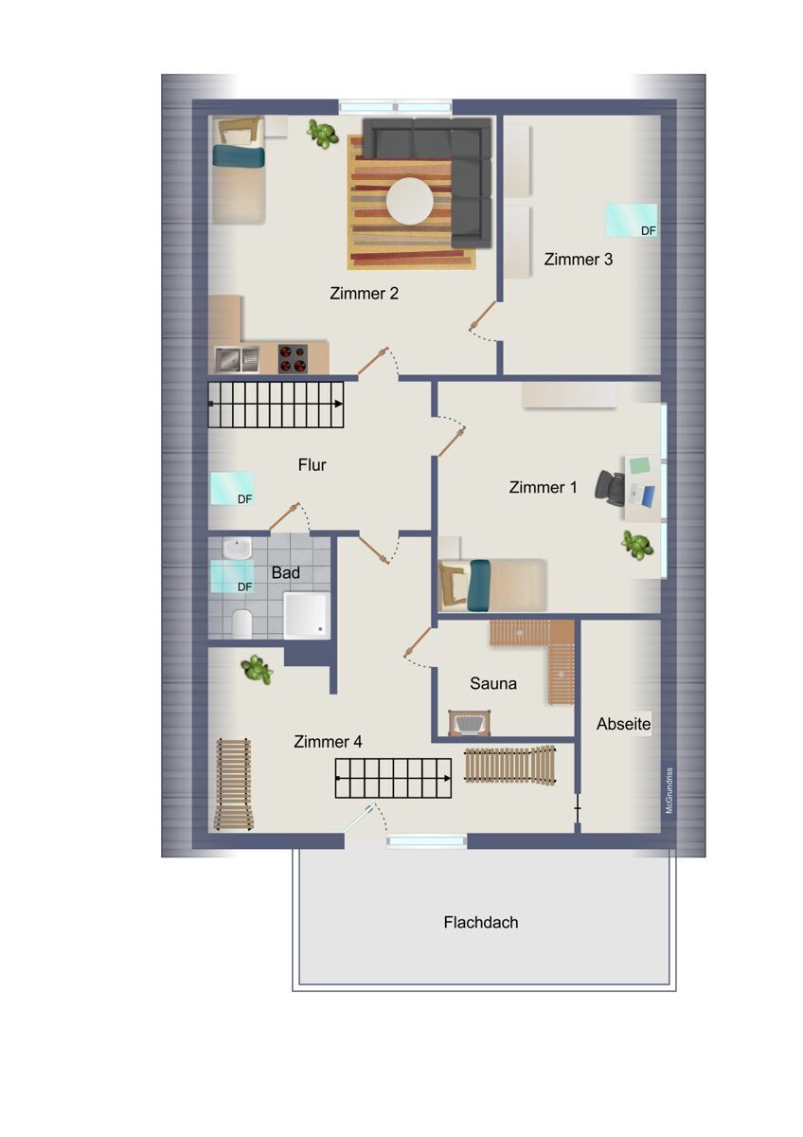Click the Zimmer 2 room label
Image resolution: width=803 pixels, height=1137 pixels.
pos(364,294)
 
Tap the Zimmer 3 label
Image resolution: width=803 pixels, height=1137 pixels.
pos(578,260)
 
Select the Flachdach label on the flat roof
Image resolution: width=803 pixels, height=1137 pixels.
pos(481,922)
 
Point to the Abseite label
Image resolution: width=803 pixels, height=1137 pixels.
pos(623,724)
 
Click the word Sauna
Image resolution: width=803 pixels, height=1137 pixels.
pos(493,683)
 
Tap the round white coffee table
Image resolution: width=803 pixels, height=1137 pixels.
pos(410,202)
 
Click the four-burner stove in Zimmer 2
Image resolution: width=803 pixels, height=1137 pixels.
pos(293,359)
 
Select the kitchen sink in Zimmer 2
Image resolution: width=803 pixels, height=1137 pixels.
pos(236,359)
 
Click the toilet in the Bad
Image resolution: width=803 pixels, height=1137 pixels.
pos(242,623)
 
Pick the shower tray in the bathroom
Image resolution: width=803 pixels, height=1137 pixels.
pos(307,615)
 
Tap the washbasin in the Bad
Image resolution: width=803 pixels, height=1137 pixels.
pos(237,548)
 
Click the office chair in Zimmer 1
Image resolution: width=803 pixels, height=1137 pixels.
pos(610,488)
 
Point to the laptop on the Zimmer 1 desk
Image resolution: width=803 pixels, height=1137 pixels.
pos(642,496)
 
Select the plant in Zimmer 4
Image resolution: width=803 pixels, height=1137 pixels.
pos(257,670)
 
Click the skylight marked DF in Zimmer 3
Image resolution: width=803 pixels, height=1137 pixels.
pos(631,220)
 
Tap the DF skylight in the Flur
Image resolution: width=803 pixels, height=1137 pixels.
pos(232,488)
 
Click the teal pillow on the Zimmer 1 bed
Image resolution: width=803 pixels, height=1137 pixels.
pos(479,586)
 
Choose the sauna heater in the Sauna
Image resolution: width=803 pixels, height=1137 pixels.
pos(470,722)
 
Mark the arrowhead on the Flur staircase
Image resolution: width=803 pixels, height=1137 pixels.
pos(338,404)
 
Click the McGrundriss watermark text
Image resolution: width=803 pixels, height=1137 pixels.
pos(669,790)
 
